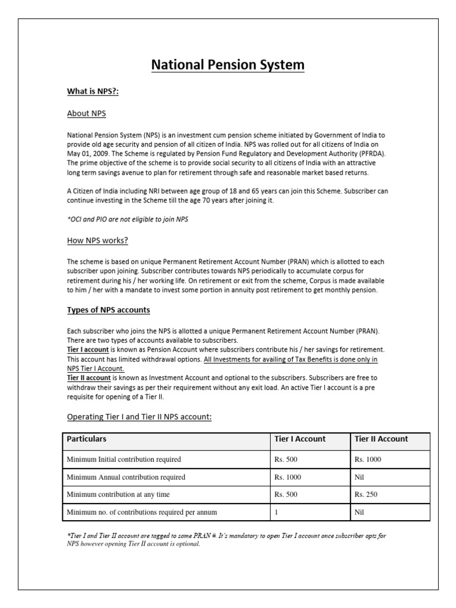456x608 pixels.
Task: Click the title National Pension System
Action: click(x=228, y=64)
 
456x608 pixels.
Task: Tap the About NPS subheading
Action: click(x=87, y=113)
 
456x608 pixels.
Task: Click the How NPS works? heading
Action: click(x=97, y=240)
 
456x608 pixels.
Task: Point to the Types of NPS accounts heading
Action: click(x=109, y=310)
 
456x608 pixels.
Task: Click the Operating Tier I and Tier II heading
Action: click(x=140, y=417)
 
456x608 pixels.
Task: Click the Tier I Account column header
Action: click(x=300, y=439)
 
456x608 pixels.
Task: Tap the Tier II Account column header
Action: click(x=381, y=439)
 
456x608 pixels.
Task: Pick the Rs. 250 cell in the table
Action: click(x=366, y=494)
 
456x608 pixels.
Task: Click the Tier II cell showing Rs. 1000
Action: click(x=368, y=459)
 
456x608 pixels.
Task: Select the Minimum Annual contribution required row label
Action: click(x=126, y=477)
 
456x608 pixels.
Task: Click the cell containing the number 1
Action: click(x=277, y=512)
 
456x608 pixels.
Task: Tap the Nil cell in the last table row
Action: click(x=359, y=512)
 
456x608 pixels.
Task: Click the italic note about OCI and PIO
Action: click(x=127, y=219)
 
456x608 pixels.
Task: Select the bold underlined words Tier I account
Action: click(x=88, y=350)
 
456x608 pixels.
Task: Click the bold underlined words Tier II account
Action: click(x=89, y=378)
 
